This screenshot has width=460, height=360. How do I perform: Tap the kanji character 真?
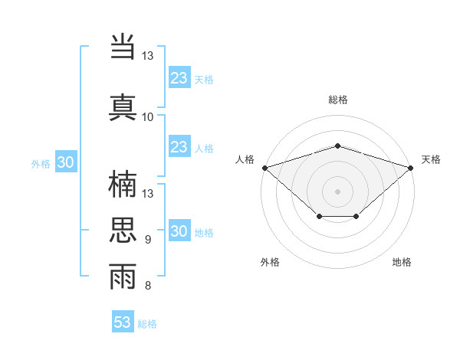(123, 106)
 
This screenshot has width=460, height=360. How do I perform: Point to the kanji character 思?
(123, 229)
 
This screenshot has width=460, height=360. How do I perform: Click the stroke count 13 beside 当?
(148, 56)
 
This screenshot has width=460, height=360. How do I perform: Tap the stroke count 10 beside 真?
(148, 116)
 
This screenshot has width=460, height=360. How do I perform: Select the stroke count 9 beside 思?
(148, 240)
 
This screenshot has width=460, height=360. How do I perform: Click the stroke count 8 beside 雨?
(148, 286)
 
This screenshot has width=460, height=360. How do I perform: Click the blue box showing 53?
(123, 322)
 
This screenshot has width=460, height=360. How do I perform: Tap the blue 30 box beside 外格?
(65, 162)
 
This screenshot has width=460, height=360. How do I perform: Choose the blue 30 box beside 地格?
(179, 232)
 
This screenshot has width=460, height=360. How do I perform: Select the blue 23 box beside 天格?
(179, 78)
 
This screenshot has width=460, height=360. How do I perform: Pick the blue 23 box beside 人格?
(179, 147)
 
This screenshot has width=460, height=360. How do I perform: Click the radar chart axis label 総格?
(337, 100)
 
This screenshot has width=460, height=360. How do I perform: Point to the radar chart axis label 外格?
(270, 262)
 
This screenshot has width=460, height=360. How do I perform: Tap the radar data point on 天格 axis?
(412, 167)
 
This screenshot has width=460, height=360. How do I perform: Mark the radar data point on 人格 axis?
(264, 167)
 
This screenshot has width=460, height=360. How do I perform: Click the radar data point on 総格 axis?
(337, 146)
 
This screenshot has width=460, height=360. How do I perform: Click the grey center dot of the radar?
(337, 191)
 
